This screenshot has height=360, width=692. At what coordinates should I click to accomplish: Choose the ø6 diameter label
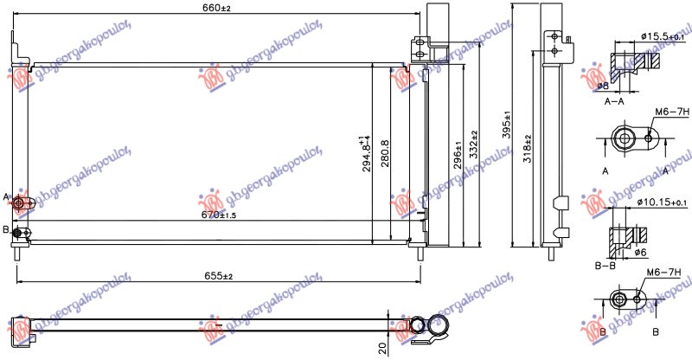tap(641, 252)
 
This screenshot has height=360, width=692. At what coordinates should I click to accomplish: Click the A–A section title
tap(614, 101)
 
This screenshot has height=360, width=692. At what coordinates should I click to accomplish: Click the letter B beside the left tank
tap(6, 229)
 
